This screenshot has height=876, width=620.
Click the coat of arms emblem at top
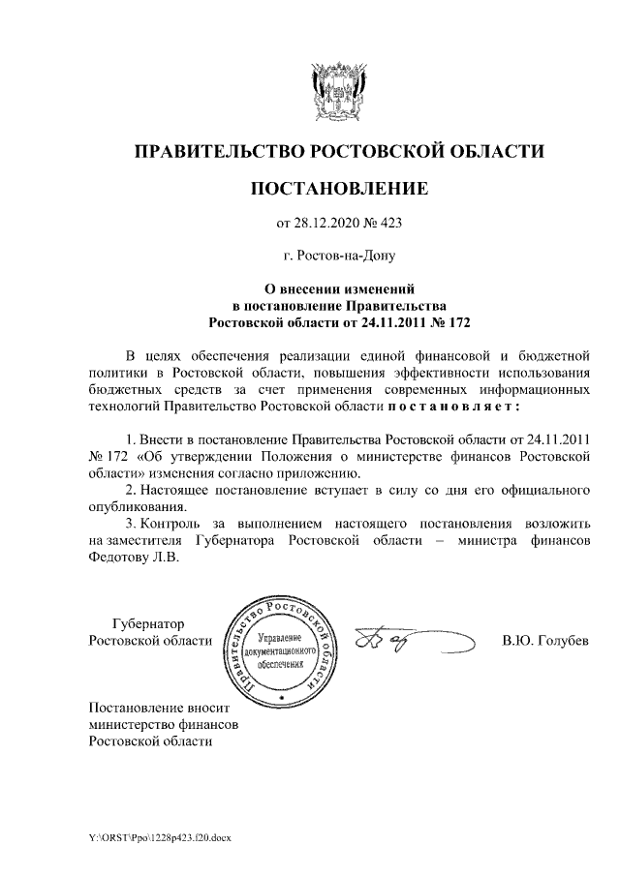pos(338,91)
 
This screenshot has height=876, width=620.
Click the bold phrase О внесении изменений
pos(339,287)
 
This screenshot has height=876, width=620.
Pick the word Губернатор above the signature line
pos(148,623)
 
